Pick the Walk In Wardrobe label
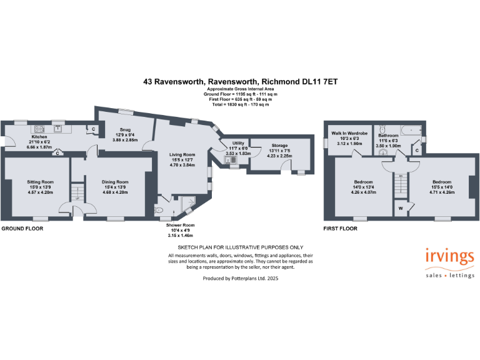coord(349,133)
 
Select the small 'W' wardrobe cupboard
coord(400,207)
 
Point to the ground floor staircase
coord(78,191)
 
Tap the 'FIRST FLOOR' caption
coord(340,229)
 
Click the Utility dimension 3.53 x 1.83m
coord(237,152)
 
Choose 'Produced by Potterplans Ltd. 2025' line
coord(241,278)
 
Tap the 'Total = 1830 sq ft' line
coord(239,104)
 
